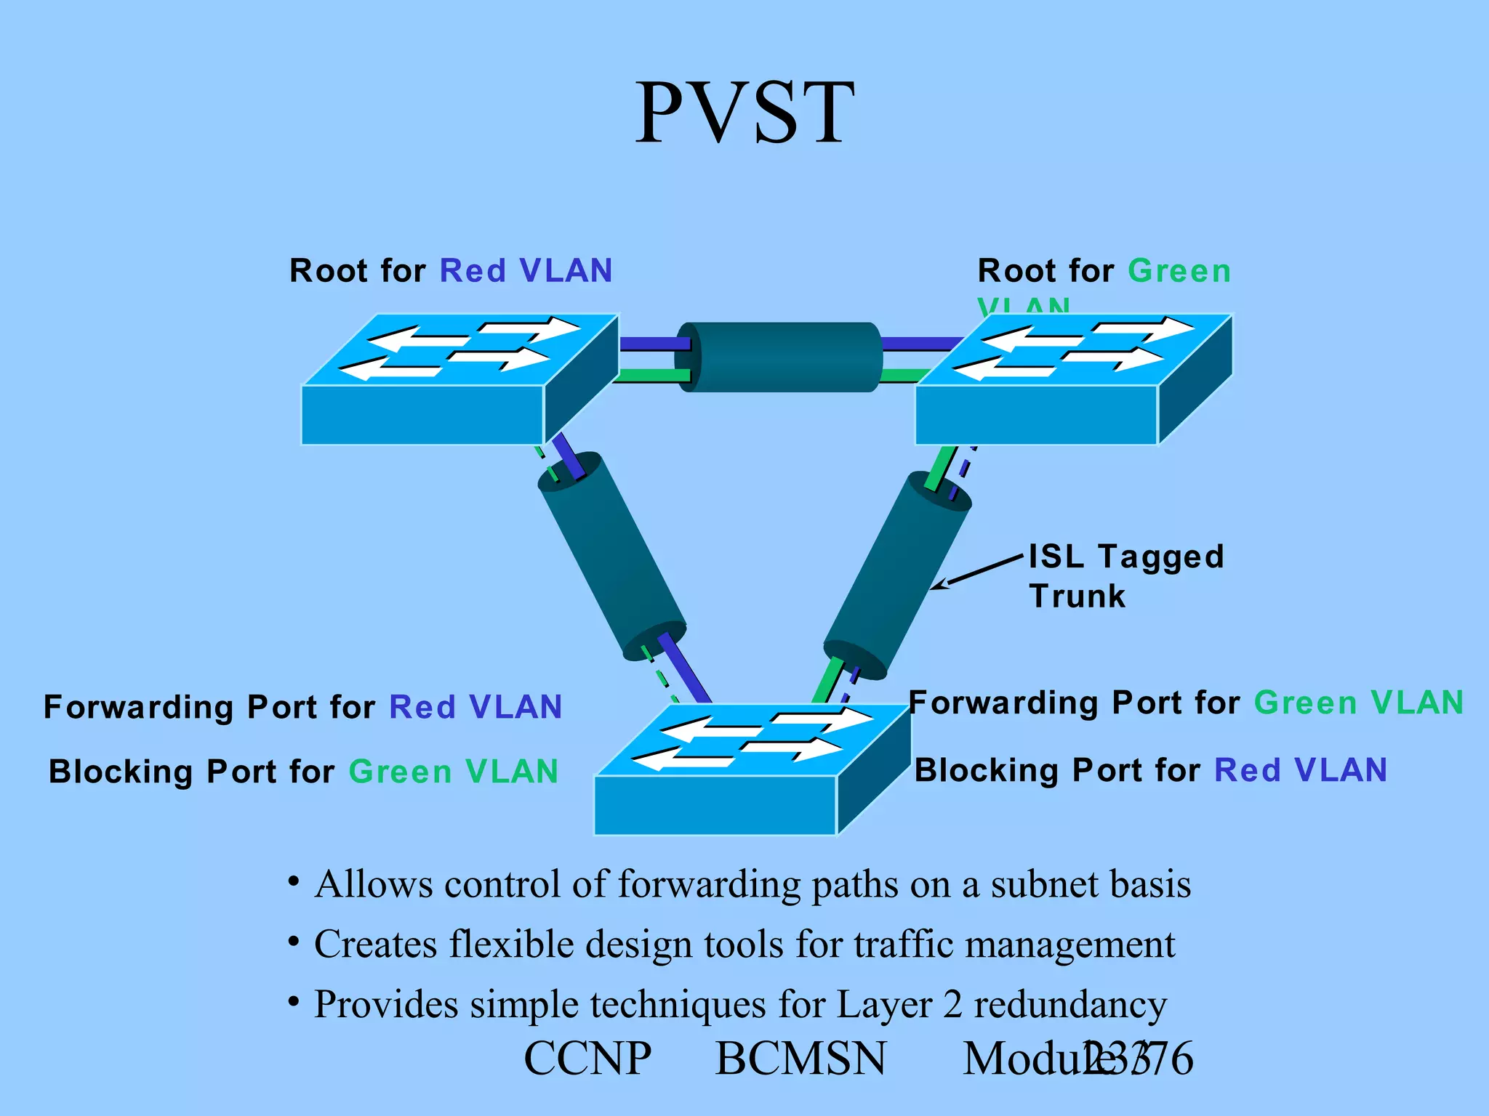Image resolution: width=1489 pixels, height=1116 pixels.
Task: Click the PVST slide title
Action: pyautogui.click(x=744, y=113)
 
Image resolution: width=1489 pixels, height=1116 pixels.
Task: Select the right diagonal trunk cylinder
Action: pyautogui.click(x=897, y=574)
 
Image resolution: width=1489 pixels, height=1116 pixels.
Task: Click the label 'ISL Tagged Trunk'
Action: pyautogui.click(x=1125, y=576)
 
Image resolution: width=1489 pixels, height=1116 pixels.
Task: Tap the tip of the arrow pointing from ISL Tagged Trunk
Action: pyautogui.click(x=934, y=588)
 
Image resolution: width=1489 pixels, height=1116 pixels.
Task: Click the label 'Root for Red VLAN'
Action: pyautogui.click(x=451, y=271)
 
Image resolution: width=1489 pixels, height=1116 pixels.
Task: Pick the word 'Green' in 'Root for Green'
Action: pyautogui.click(x=1179, y=271)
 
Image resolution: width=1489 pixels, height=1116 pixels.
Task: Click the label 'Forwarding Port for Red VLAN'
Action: pyautogui.click(x=302, y=707)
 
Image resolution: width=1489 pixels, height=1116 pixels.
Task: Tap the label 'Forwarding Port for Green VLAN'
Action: pyautogui.click(x=1186, y=703)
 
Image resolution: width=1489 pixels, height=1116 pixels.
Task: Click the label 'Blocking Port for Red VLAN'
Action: pyautogui.click(x=1151, y=770)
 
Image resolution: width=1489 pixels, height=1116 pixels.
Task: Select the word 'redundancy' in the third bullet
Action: pyautogui.click(x=1069, y=1005)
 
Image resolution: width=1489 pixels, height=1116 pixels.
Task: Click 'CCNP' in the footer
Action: pyautogui.click(x=587, y=1059)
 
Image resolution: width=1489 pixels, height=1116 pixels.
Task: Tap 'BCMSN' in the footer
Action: pyautogui.click(x=800, y=1059)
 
